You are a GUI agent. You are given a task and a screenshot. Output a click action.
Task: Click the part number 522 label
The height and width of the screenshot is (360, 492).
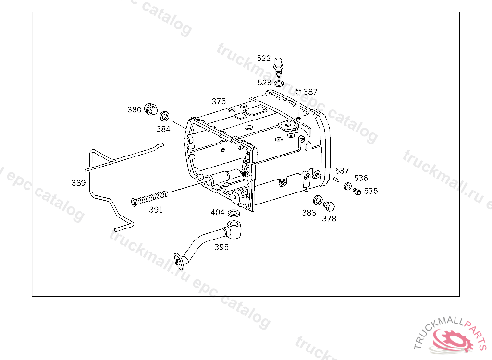pos(264,58)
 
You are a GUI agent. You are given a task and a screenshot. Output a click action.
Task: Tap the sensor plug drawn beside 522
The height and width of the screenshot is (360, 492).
pos(278,67)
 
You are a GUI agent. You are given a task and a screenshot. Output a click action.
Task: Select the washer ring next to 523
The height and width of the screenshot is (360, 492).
pos(279,84)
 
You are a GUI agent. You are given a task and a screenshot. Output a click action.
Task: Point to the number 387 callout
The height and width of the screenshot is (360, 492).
pos(310,92)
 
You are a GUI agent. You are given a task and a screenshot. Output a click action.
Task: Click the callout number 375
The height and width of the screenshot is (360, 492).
pos(219,101)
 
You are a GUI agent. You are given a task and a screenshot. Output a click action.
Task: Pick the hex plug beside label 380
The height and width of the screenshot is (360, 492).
pos(150,109)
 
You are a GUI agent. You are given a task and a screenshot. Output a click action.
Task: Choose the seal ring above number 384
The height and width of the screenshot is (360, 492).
pos(164,116)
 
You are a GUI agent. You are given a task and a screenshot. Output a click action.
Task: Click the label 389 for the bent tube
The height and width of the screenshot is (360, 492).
pos(78,183)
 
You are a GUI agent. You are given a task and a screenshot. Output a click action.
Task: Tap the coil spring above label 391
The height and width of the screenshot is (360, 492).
pos(149,199)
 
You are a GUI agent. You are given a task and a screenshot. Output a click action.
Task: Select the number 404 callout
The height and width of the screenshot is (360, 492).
pos(218,212)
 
